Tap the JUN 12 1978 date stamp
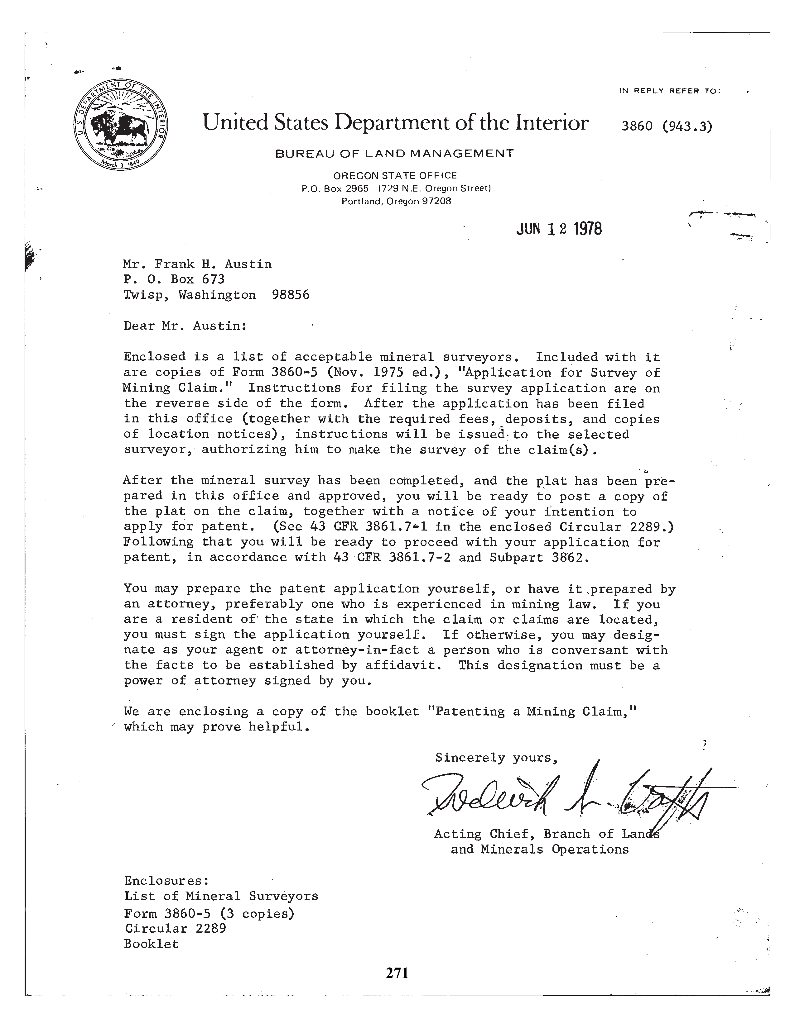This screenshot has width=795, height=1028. [x=559, y=229]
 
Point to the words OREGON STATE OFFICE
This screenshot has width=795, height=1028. [x=395, y=176]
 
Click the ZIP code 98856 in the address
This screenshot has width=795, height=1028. [x=291, y=295]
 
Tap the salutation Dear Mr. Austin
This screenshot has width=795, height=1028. [x=185, y=326]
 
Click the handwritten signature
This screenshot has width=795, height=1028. [x=565, y=796]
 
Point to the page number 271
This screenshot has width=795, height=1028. [x=397, y=973]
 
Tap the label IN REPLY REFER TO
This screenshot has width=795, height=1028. [x=669, y=91]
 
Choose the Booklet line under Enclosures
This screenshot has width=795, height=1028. [x=152, y=944]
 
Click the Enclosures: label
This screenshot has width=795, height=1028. [x=166, y=881]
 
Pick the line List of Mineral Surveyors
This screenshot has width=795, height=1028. [x=221, y=896]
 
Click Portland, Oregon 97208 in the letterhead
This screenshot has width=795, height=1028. [x=396, y=202]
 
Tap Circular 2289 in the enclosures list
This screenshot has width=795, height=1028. [x=175, y=928]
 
